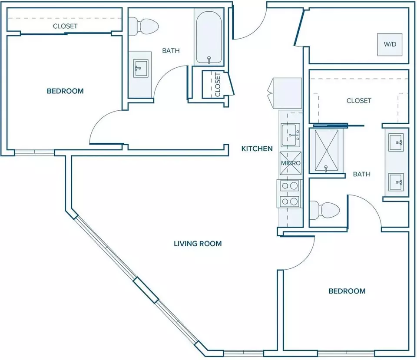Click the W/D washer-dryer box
coord(390,44)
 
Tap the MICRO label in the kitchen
coord(291,163)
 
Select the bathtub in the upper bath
coord(209,37)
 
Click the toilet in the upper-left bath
coord(143,26)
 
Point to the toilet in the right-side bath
coord(325,210)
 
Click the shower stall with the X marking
coord(326,151)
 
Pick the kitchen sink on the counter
coord(291,135)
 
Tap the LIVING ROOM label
coord(198,244)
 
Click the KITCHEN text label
coord(257,149)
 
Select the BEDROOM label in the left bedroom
coord(65,91)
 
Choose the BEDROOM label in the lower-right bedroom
coord(347,291)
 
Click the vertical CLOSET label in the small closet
coord(218,85)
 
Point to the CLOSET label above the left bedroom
coord(65,26)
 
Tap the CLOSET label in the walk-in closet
coord(359,101)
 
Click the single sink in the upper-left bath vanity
coord(140,68)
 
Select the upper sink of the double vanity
coord(396,142)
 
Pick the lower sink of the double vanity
coord(396,182)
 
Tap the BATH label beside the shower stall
coord(362,174)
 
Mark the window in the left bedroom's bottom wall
coord(35,152)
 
